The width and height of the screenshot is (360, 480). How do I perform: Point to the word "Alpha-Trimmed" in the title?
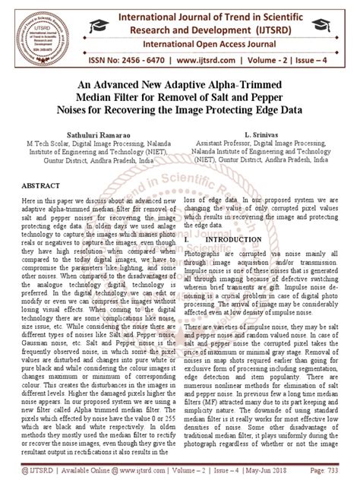pyautogui.click(x=236, y=84)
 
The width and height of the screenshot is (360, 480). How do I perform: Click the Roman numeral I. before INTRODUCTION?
pyautogui.click(x=186, y=238)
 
